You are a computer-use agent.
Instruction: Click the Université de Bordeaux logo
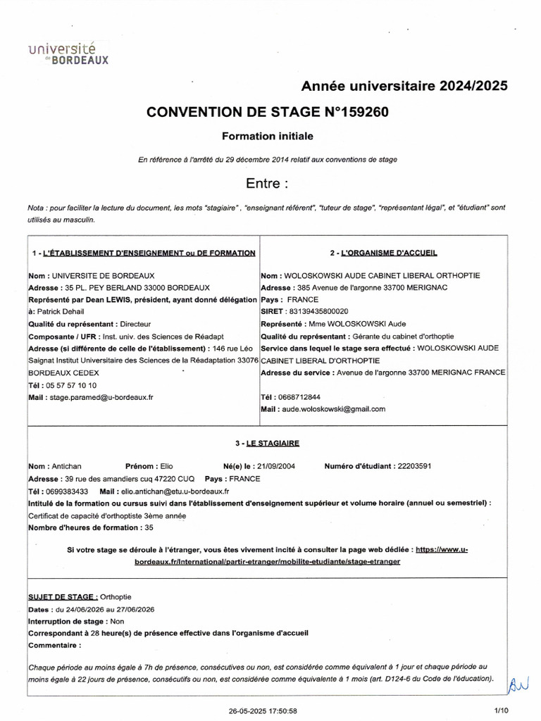(68, 53)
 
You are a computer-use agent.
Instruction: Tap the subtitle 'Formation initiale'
(267, 136)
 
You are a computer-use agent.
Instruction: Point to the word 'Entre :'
(267, 184)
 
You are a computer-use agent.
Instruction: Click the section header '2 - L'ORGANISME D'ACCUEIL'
(382, 253)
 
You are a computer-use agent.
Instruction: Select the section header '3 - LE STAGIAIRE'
(267, 444)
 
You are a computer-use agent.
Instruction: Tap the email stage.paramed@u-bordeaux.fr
(101, 397)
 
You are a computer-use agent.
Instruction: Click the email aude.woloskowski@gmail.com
(334, 409)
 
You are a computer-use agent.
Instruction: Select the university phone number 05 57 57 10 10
(71, 385)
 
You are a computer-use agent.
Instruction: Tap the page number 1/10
(501, 710)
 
